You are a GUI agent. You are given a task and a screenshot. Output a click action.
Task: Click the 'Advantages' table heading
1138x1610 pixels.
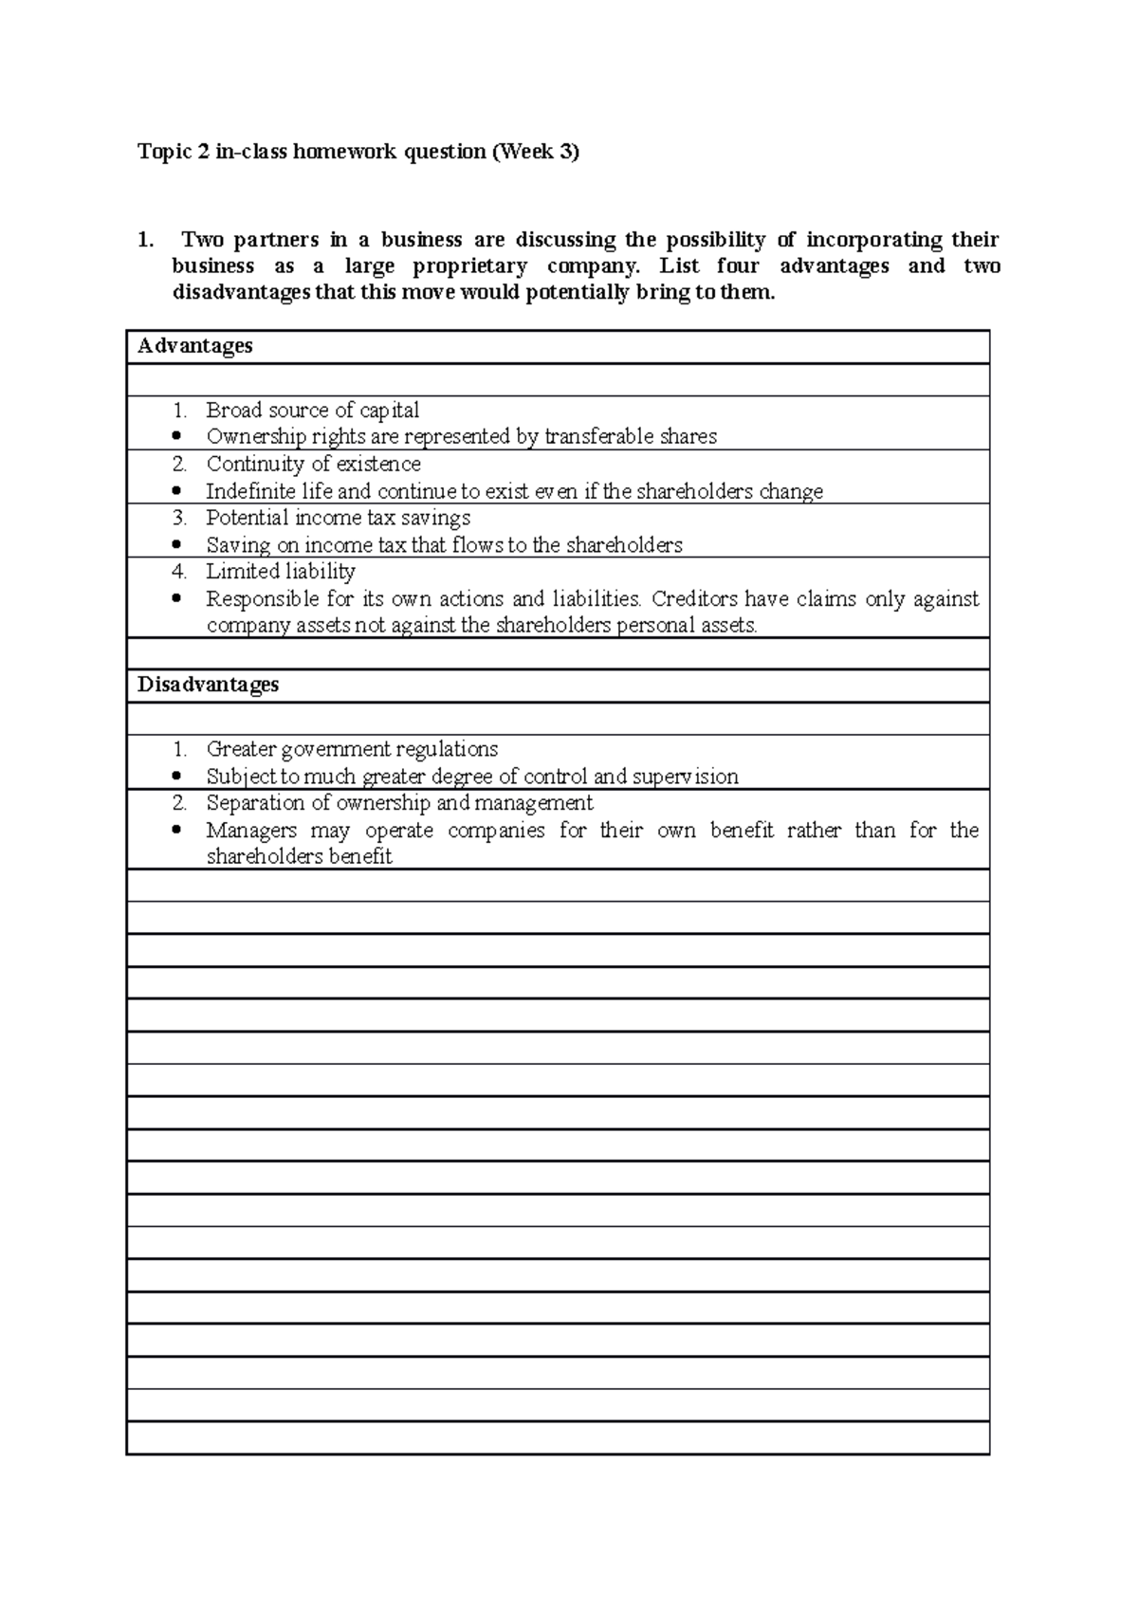(x=195, y=346)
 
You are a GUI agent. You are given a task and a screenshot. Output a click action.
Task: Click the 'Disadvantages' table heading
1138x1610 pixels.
(x=208, y=685)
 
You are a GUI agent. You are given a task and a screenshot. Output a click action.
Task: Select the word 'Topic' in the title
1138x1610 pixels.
(x=165, y=152)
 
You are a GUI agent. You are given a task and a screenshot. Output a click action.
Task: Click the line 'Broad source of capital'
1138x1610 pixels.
(x=312, y=411)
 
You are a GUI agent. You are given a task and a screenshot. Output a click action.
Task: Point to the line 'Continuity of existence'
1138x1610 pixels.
(x=313, y=465)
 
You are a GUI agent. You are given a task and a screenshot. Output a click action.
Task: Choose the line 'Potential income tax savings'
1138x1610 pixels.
(x=338, y=519)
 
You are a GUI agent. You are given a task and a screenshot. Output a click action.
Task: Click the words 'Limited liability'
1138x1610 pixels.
(x=281, y=572)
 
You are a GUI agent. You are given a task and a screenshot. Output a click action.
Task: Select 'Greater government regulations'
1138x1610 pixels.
(x=352, y=749)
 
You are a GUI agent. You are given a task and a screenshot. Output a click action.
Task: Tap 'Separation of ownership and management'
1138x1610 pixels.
(x=399, y=803)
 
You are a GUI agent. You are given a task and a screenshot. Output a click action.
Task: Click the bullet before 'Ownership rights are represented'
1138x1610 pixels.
(x=177, y=437)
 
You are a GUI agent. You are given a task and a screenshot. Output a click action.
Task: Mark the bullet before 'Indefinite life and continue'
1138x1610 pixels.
(x=177, y=491)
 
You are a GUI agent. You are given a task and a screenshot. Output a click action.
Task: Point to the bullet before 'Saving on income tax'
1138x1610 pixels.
(x=177, y=545)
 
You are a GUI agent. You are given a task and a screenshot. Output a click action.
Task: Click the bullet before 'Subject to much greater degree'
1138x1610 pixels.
(x=177, y=777)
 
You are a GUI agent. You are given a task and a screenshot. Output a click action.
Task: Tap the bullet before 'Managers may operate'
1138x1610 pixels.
(x=177, y=831)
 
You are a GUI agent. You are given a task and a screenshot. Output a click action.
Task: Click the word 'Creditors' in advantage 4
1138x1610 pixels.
(x=695, y=599)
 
